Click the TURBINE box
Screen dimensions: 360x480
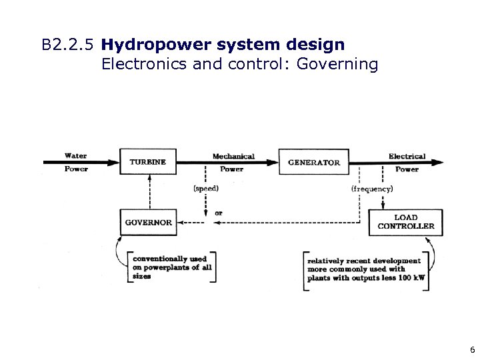pyautogui.click(x=148, y=162)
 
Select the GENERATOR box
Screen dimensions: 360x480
pyautogui.click(x=313, y=162)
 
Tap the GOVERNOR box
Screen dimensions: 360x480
pyautogui.click(x=148, y=222)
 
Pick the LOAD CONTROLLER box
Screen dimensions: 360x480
pyautogui.click(x=405, y=222)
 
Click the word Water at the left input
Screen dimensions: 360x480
pyautogui.click(x=75, y=156)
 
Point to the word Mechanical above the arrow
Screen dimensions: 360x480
pyautogui.click(x=233, y=156)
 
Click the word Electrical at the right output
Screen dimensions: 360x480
pyautogui.click(x=407, y=156)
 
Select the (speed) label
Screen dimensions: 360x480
pyautogui.click(x=206, y=189)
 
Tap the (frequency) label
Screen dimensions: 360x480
pyautogui.click(x=372, y=189)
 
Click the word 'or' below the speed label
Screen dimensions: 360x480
pyautogui.click(x=219, y=213)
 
